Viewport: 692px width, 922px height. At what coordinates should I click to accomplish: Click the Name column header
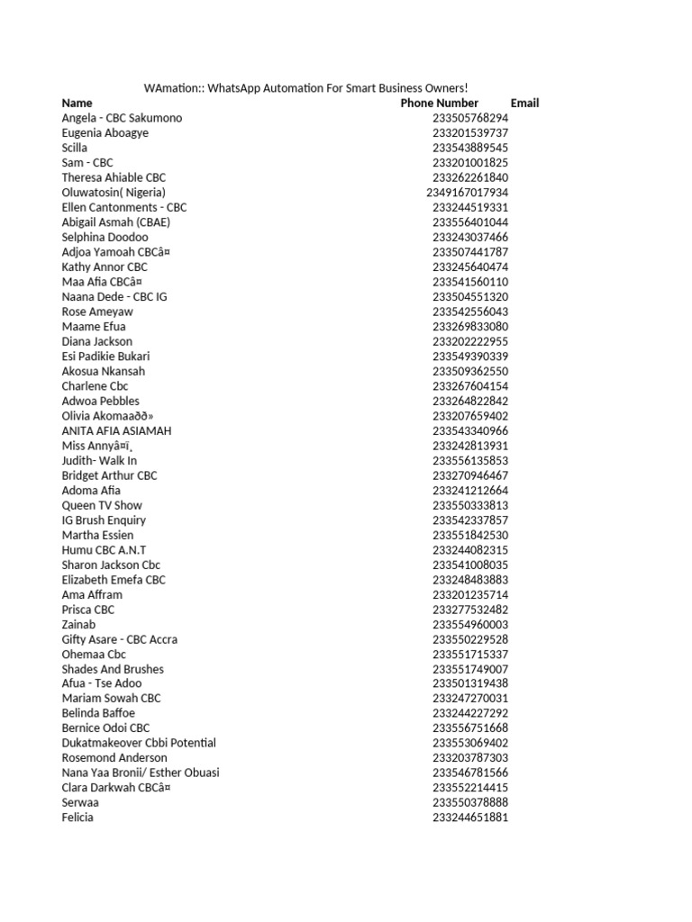point(77,103)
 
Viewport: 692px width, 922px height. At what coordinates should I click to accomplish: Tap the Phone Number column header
point(440,103)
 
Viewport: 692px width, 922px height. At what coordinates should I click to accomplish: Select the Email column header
point(524,103)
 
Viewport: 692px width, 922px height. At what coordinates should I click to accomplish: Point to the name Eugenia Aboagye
point(105,132)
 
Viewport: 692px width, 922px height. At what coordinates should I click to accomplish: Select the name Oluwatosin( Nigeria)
point(114,192)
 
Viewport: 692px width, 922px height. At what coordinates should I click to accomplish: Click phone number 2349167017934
point(467,192)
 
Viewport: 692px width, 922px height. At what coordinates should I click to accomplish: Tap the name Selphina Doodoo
point(105,237)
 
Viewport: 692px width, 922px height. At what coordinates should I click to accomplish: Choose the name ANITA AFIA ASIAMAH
point(116,430)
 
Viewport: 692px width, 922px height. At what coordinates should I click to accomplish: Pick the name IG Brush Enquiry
point(104,520)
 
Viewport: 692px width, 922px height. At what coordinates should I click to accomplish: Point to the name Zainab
point(78,624)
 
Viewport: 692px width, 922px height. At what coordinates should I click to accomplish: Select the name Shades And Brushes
point(113,669)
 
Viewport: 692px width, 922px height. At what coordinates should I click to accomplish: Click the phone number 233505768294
point(470,118)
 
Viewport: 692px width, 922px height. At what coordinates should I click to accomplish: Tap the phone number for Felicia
point(470,818)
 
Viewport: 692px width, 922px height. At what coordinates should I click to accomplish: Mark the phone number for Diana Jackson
point(470,341)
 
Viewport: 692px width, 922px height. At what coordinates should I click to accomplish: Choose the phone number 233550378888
point(470,802)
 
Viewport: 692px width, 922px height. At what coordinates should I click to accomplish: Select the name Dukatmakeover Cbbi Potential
point(139,743)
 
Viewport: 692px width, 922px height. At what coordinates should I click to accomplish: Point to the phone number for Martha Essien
point(470,535)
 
